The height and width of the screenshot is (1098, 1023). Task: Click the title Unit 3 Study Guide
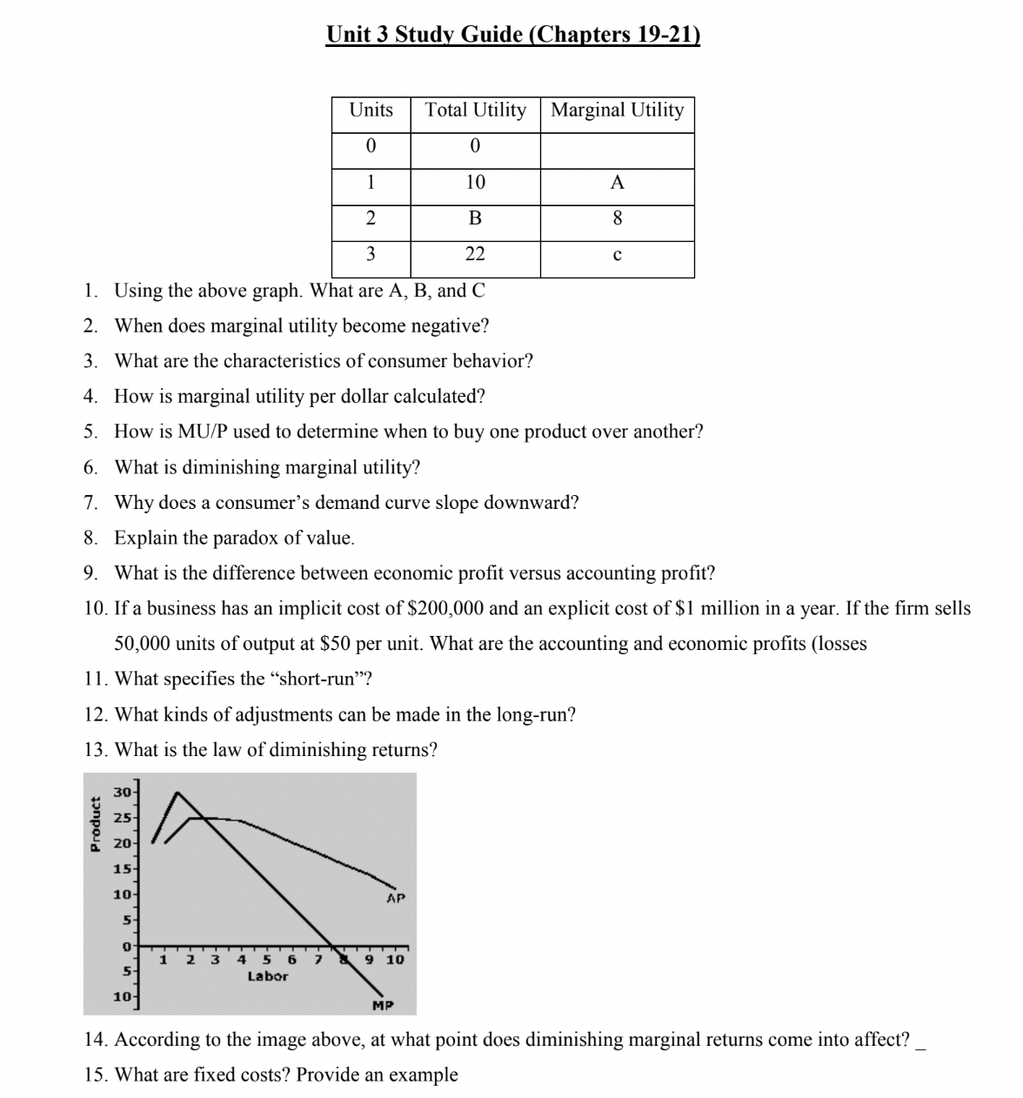click(512, 34)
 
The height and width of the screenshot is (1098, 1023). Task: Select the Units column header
click(371, 110)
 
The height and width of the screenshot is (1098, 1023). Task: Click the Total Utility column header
click(475, 110)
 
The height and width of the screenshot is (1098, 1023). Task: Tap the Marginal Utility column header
click(618, 110)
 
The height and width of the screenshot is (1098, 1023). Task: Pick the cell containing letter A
click(617, 183)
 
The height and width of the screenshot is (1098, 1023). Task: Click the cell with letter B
click(475, 218)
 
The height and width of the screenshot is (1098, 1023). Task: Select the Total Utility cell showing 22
click(475, 254)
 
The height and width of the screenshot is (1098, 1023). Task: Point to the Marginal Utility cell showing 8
click(617, 218)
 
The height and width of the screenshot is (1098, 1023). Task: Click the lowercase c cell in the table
click(617, 255)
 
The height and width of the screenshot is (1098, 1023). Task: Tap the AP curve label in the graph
click(396, 898)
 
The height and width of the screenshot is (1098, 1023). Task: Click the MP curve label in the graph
click(382, 1006)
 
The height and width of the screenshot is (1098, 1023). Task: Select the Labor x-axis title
click(267, 976)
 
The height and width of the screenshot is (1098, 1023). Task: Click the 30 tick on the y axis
click(123, 792)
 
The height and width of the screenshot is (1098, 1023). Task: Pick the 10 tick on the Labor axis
click(395, 961)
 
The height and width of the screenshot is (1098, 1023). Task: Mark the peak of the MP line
click(177, 793)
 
